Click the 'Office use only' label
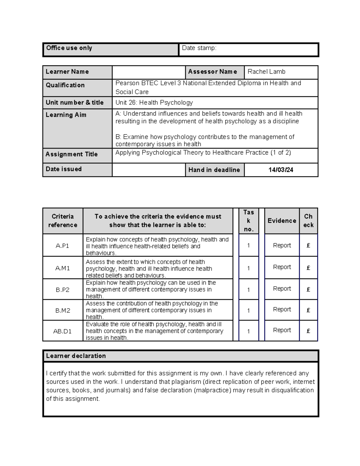tap(69, 48)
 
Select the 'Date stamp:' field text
tap(199, 48)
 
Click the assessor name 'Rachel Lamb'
tap(266, 72)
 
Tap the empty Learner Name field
tap(148, 72)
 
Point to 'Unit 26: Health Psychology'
tap(154, 103)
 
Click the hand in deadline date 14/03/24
tap(281, 170)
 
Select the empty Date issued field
tap(148, 170)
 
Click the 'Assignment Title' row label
tap(72, 154)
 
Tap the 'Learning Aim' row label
tap(66, 115)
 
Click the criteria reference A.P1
tap(62, 246)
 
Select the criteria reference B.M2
tap(62, 311)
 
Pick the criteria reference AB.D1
tap(62, 331)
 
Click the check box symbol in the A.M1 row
tap(308, 268)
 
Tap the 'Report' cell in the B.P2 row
tap(282, 289)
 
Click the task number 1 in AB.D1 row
tap(248, 331)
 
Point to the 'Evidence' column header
tap(282, 221)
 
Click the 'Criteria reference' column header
tap(62, 221)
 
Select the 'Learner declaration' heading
tap(76, 356)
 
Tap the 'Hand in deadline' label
tap(214, 170)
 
